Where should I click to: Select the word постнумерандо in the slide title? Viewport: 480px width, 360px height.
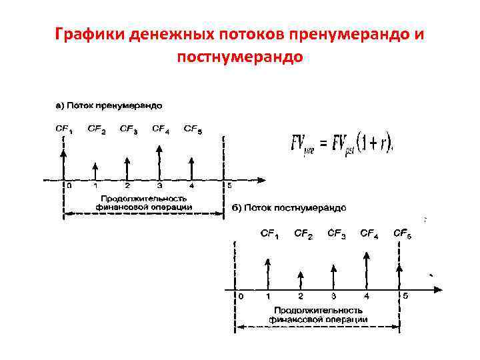point(240,57)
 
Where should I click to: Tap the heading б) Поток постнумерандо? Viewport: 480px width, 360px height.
point(289,208)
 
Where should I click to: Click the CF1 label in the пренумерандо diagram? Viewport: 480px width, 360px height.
point(64,129)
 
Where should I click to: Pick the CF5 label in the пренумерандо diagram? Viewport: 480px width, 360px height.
point(193,129)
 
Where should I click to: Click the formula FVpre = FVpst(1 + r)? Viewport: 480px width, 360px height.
point(341,143)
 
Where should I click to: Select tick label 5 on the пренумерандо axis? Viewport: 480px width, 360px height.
point(229,187)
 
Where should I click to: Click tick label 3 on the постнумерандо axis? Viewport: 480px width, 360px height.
point(333,295)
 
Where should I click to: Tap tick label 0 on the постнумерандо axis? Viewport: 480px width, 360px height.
point(241,295)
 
